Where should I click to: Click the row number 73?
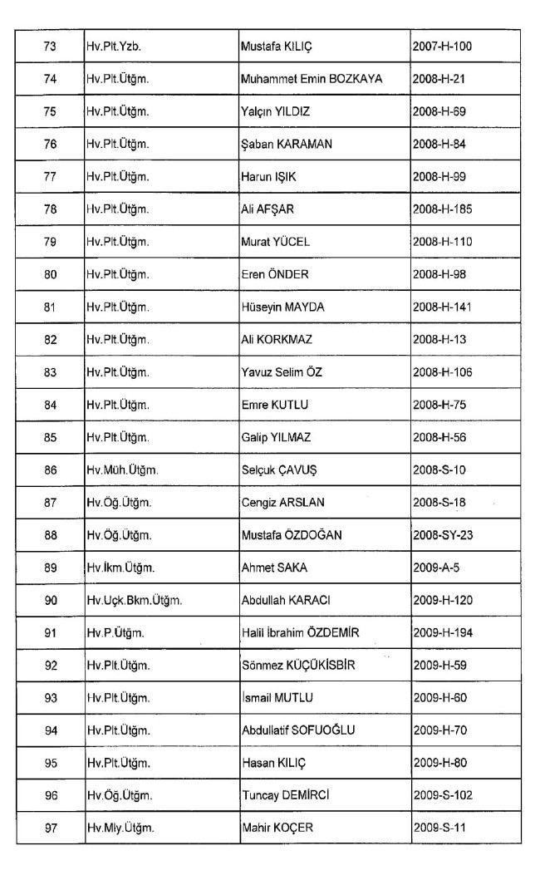coord(49,47)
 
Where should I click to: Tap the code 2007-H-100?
coord(442,47)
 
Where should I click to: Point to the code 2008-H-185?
coord(442,209)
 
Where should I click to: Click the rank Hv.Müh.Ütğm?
coord(122,469)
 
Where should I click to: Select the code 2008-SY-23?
coord(443,535)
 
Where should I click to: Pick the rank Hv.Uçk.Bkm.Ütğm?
coord(134,600)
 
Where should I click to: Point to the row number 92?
coord(49,665)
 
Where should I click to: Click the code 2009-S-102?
coord(442,795)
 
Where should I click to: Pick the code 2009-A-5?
coord(436,568)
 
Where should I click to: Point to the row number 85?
coord(49,437)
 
